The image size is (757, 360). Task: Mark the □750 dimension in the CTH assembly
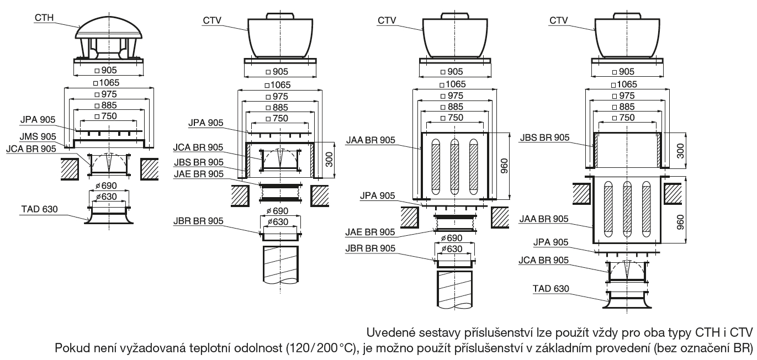click(x=110, y=117)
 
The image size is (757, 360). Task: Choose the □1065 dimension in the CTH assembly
click(x=110, y=83)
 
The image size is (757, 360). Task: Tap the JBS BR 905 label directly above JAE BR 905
click(x=198, y=162)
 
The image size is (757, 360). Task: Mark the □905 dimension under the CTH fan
click(x=110, y=71)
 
